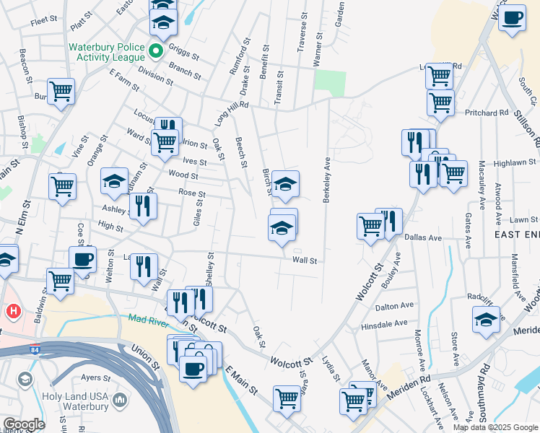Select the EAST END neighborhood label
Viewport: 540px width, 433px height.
tap(515, 235)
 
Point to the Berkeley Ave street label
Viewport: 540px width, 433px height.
tap(327, 180)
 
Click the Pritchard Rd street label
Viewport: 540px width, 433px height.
tap(487, 113)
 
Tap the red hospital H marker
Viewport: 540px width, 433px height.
tap(12, 311)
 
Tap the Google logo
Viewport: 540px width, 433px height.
tap(24, 424)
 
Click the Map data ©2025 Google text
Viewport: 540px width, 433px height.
tap(495, 427)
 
